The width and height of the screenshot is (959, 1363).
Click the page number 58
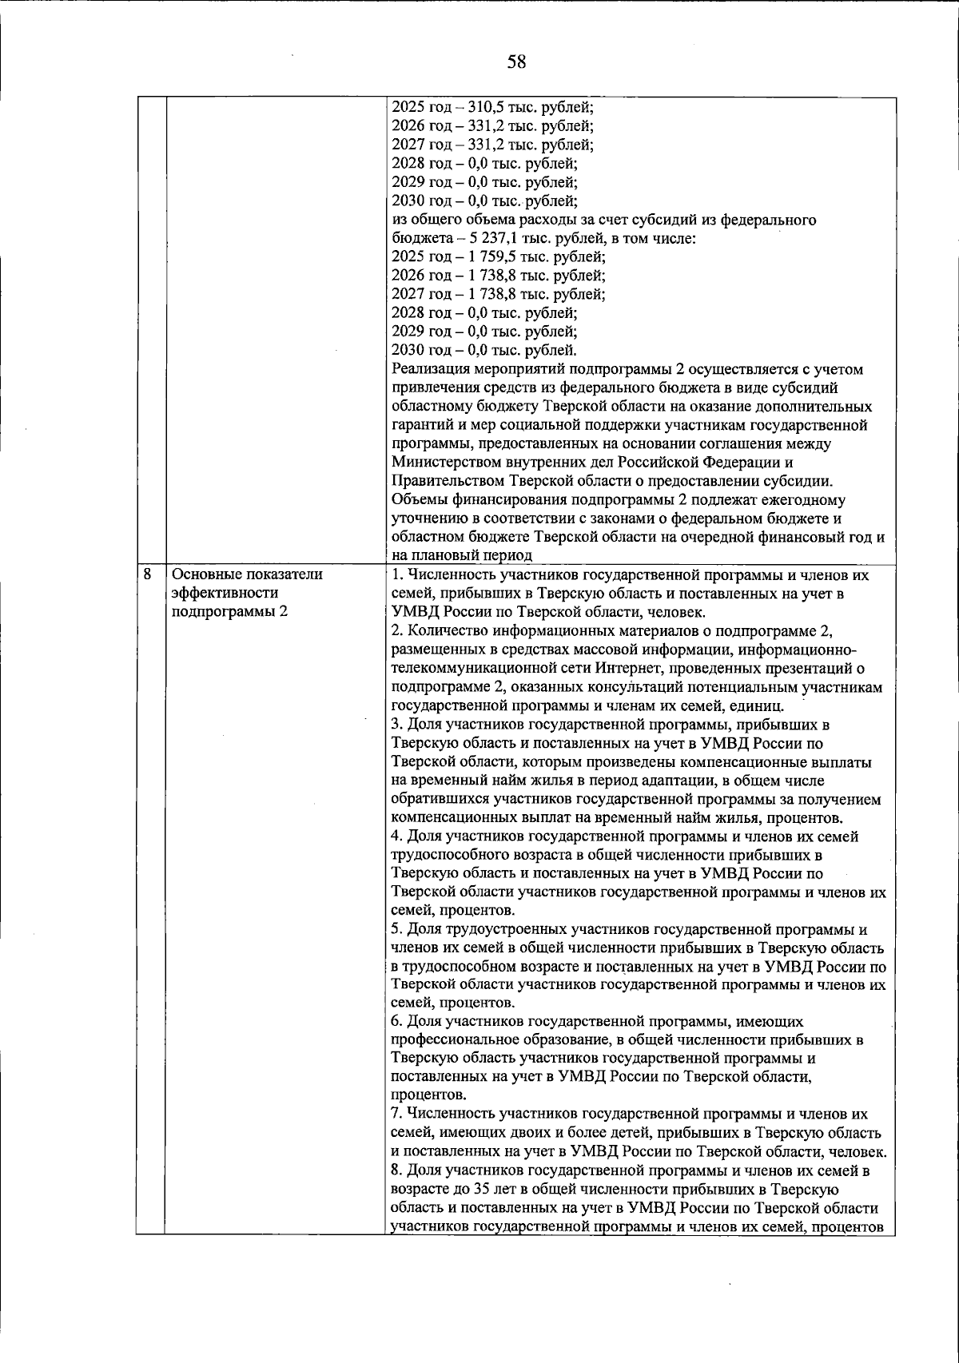[x=516, y=61]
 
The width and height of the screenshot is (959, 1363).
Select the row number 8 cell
[x=148, y=573]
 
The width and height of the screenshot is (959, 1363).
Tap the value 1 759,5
[x=492, y=256]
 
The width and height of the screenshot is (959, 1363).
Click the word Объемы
[x=419, y=500]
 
